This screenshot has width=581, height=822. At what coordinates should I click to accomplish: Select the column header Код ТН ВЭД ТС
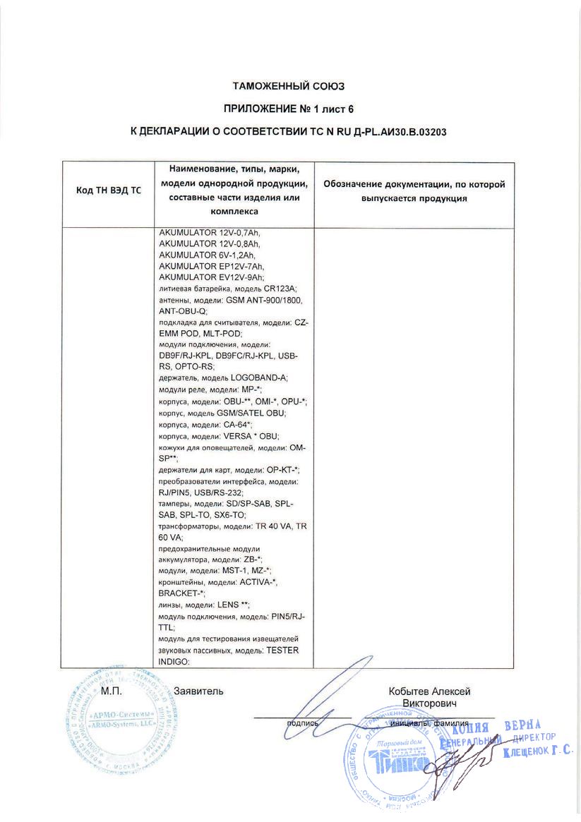point(109,191)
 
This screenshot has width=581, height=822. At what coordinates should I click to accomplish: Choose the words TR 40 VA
point(263,527)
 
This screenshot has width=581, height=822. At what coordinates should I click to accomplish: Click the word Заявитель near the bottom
point(198,691)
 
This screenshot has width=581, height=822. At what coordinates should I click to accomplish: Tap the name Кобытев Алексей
point(429,691)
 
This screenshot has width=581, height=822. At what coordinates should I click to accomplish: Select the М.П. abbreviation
point(112,691)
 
